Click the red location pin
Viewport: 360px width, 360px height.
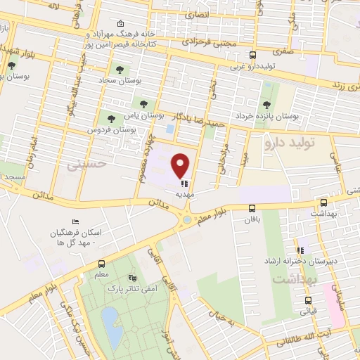(181, 165)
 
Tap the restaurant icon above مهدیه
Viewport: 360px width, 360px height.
(185, 184)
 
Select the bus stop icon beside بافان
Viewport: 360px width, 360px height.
(252, 208)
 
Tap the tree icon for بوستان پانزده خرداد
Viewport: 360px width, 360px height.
(266, 105)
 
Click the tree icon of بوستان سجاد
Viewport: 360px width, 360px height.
(117, 70)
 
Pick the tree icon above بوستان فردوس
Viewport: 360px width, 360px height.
(110, 117)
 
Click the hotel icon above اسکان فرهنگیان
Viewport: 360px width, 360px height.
(75, 222)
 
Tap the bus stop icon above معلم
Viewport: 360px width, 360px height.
(103, 265)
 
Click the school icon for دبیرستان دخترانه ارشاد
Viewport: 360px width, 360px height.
(301, 250)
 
